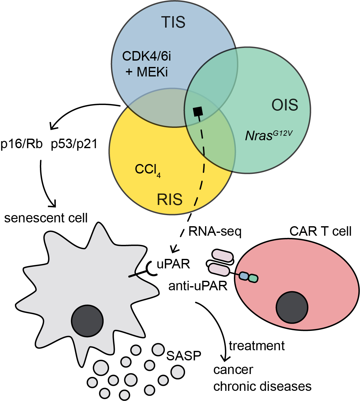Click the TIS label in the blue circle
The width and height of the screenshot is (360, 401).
(173, 22)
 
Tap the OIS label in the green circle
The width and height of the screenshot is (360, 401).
(285, 105)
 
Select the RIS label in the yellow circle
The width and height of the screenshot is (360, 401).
(170, 199)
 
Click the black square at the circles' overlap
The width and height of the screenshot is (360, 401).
(198, 111)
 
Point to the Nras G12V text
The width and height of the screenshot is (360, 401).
(268, 135)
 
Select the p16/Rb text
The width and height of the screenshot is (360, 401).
(22, 144)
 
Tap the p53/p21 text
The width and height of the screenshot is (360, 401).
(74, 144)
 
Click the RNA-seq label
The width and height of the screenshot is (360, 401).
(215, 232)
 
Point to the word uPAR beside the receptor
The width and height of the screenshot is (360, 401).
(173, 264)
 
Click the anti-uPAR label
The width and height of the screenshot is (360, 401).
(198, 286)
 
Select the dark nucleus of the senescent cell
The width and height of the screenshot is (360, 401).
(87, 321)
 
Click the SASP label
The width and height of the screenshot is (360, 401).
(184, 356)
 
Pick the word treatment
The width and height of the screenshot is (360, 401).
(257, 346)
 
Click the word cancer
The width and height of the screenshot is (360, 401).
(233, 370)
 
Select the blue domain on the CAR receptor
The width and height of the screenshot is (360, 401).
(243, 276)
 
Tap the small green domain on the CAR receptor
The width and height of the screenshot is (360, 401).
(254, 279)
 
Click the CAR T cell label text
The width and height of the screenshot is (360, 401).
(320, 231)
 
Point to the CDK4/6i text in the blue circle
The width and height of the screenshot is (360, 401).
(147, 56)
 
